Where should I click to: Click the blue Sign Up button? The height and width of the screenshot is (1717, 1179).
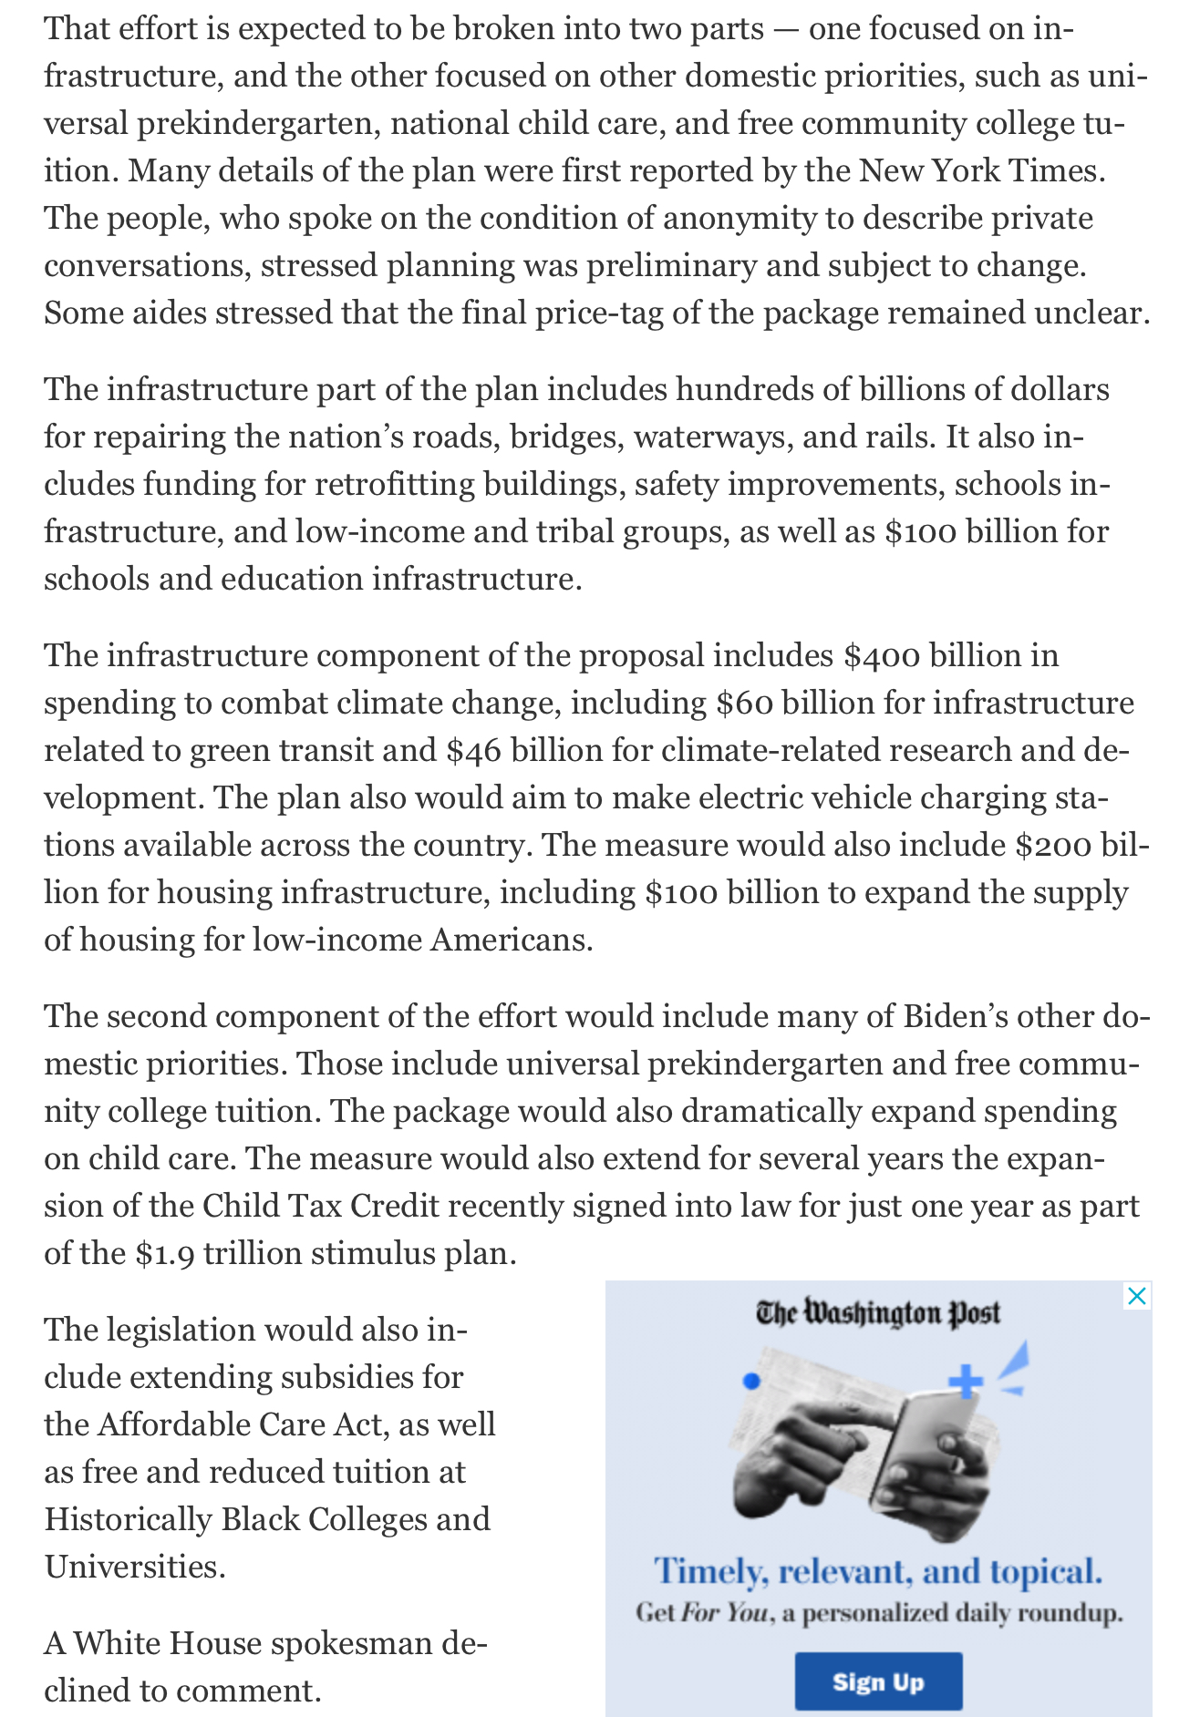click(878, 1681)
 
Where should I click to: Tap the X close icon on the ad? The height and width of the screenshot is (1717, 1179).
click(1136, 1296)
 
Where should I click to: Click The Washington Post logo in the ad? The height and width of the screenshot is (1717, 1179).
click(877, 1313)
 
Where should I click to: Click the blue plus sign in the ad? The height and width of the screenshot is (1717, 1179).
click(966, 1382)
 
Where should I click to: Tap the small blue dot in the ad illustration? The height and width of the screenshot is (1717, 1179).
click(751, 1382)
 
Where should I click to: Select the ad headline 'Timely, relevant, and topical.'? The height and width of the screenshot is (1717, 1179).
click(877, 1571)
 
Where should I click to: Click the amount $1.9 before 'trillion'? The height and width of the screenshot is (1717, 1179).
click(164, 1254)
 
